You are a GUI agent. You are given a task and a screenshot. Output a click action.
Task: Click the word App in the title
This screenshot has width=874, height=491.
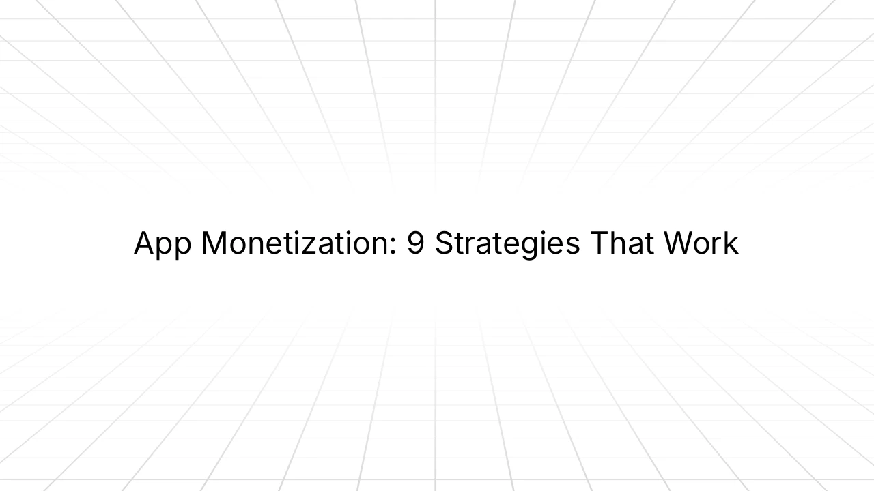[163, 244]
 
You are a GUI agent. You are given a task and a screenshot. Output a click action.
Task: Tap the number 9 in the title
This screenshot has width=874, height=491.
[415, 243]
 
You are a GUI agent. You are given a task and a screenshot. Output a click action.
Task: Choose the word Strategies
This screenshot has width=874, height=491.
[507, 244]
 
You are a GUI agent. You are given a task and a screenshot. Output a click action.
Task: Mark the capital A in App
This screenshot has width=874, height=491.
[143, 243]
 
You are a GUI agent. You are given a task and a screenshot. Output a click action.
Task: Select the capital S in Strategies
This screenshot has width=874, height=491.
[445, 243]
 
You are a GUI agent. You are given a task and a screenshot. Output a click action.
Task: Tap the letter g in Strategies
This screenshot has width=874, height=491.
[534, 247]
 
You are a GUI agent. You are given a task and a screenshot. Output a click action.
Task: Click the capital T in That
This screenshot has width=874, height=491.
[598, 243]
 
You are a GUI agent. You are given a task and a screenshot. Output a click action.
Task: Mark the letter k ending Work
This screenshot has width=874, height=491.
[732, 243]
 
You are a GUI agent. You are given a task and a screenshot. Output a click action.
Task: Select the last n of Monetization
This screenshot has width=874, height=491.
[384, 246]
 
